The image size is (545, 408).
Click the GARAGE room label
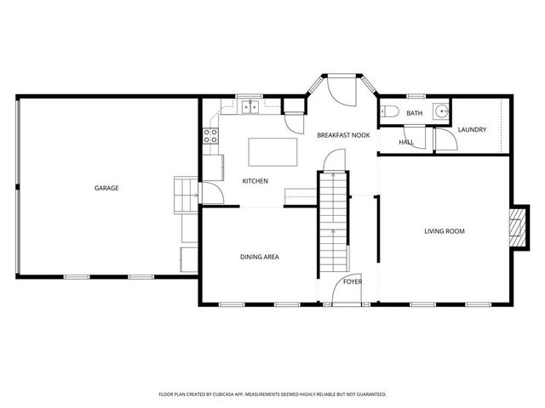[106, 188]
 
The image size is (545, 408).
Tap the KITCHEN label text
[255, 181]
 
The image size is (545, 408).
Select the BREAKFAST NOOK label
[343, 135]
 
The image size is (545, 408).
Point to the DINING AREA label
[260, 257]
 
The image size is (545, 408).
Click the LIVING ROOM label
[445, 231]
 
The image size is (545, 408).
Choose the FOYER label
[353, 281]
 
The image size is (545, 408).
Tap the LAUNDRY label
[472, 130]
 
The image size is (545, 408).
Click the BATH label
[414, 113]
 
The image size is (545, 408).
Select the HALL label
[406, 142]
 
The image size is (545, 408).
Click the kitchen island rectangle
[273, 152]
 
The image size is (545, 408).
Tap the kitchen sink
[250, 107]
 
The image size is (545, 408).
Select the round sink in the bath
[440, 111]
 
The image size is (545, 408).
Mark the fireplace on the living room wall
[515, 227]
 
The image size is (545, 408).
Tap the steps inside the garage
[185, 195]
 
